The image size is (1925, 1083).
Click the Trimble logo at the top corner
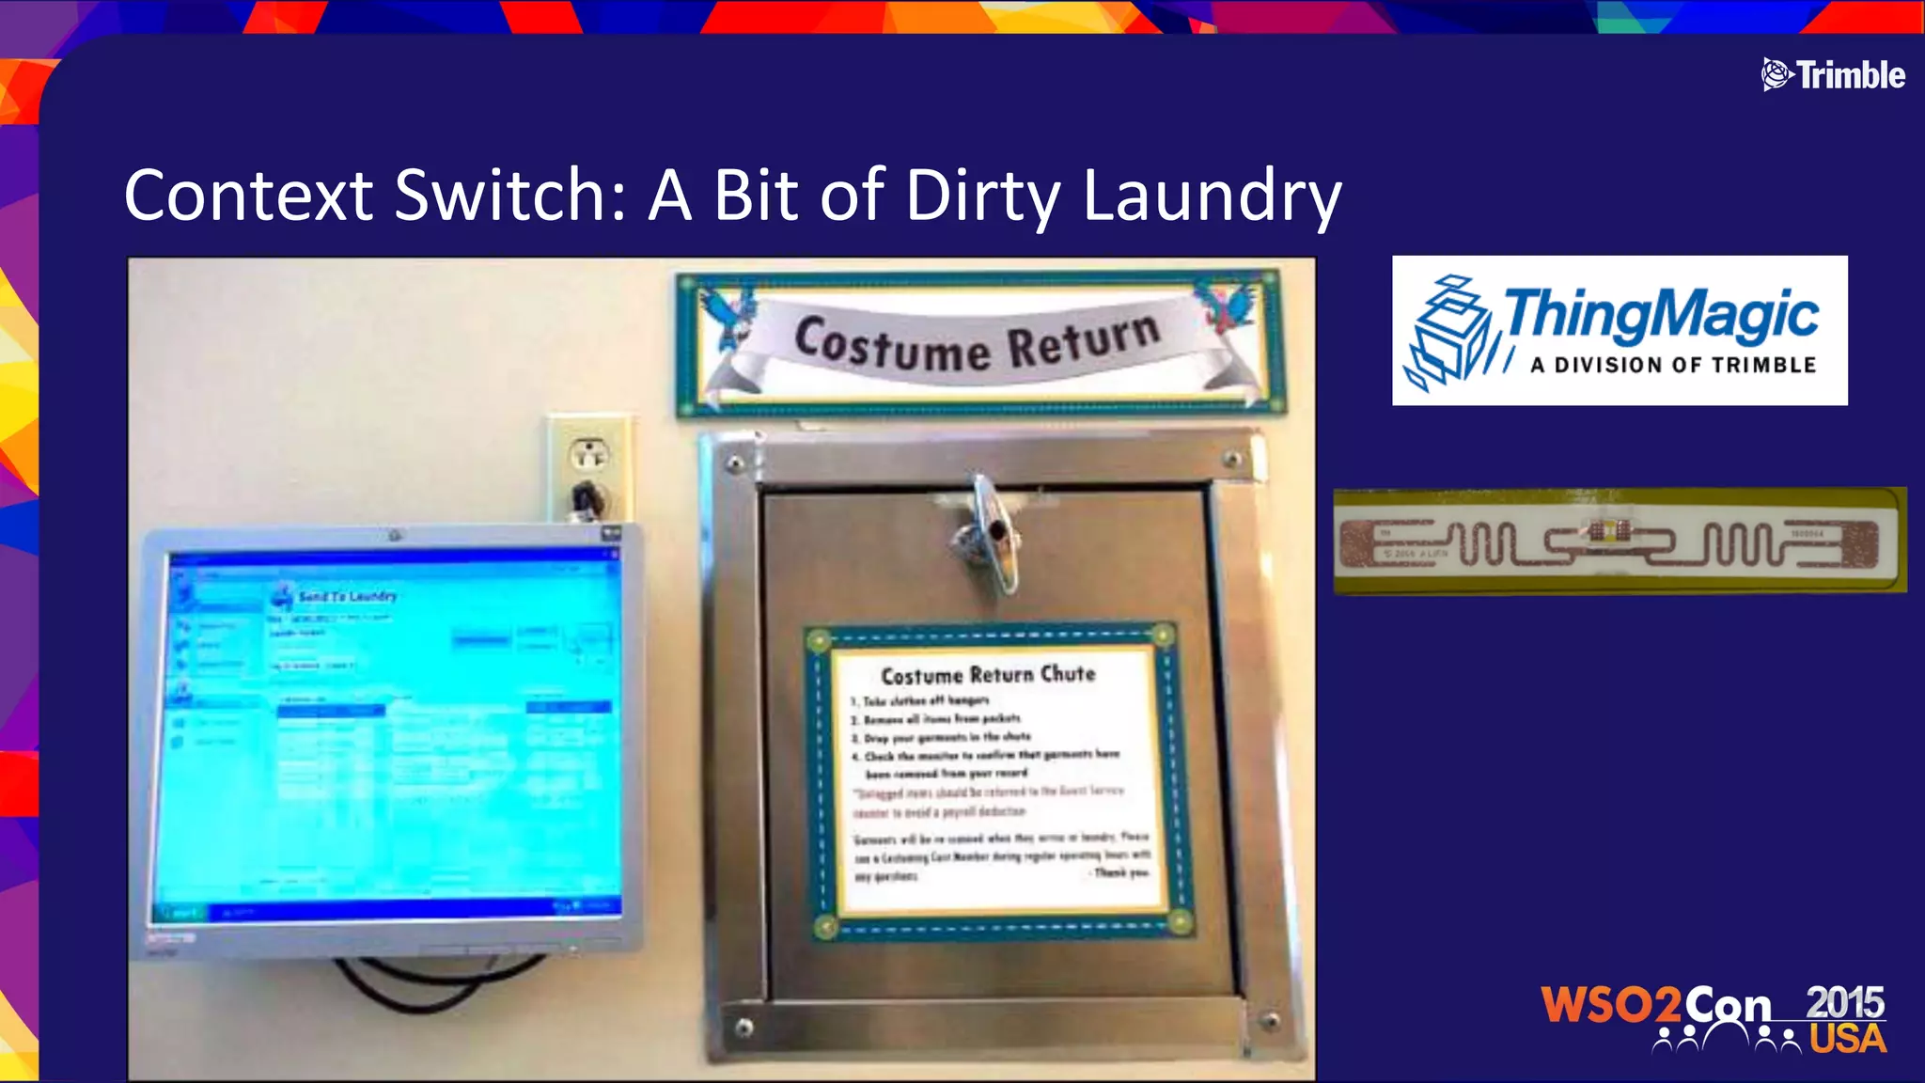click(x=1833, y=74)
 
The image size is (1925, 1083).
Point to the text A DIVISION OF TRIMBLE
click(x=1673, y=365)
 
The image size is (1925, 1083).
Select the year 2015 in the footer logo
click(x=1844, y=1002)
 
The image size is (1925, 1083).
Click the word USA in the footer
click(x=1848, y=1040)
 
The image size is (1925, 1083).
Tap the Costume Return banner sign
click(x=978, y=343)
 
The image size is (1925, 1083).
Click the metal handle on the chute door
click(x=987, y=536)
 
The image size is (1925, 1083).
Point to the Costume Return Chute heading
click(x=988, y=675)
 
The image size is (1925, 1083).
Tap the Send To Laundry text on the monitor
click(x=348, y=596)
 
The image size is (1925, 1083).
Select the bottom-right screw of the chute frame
click(x=1270, y=1020)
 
